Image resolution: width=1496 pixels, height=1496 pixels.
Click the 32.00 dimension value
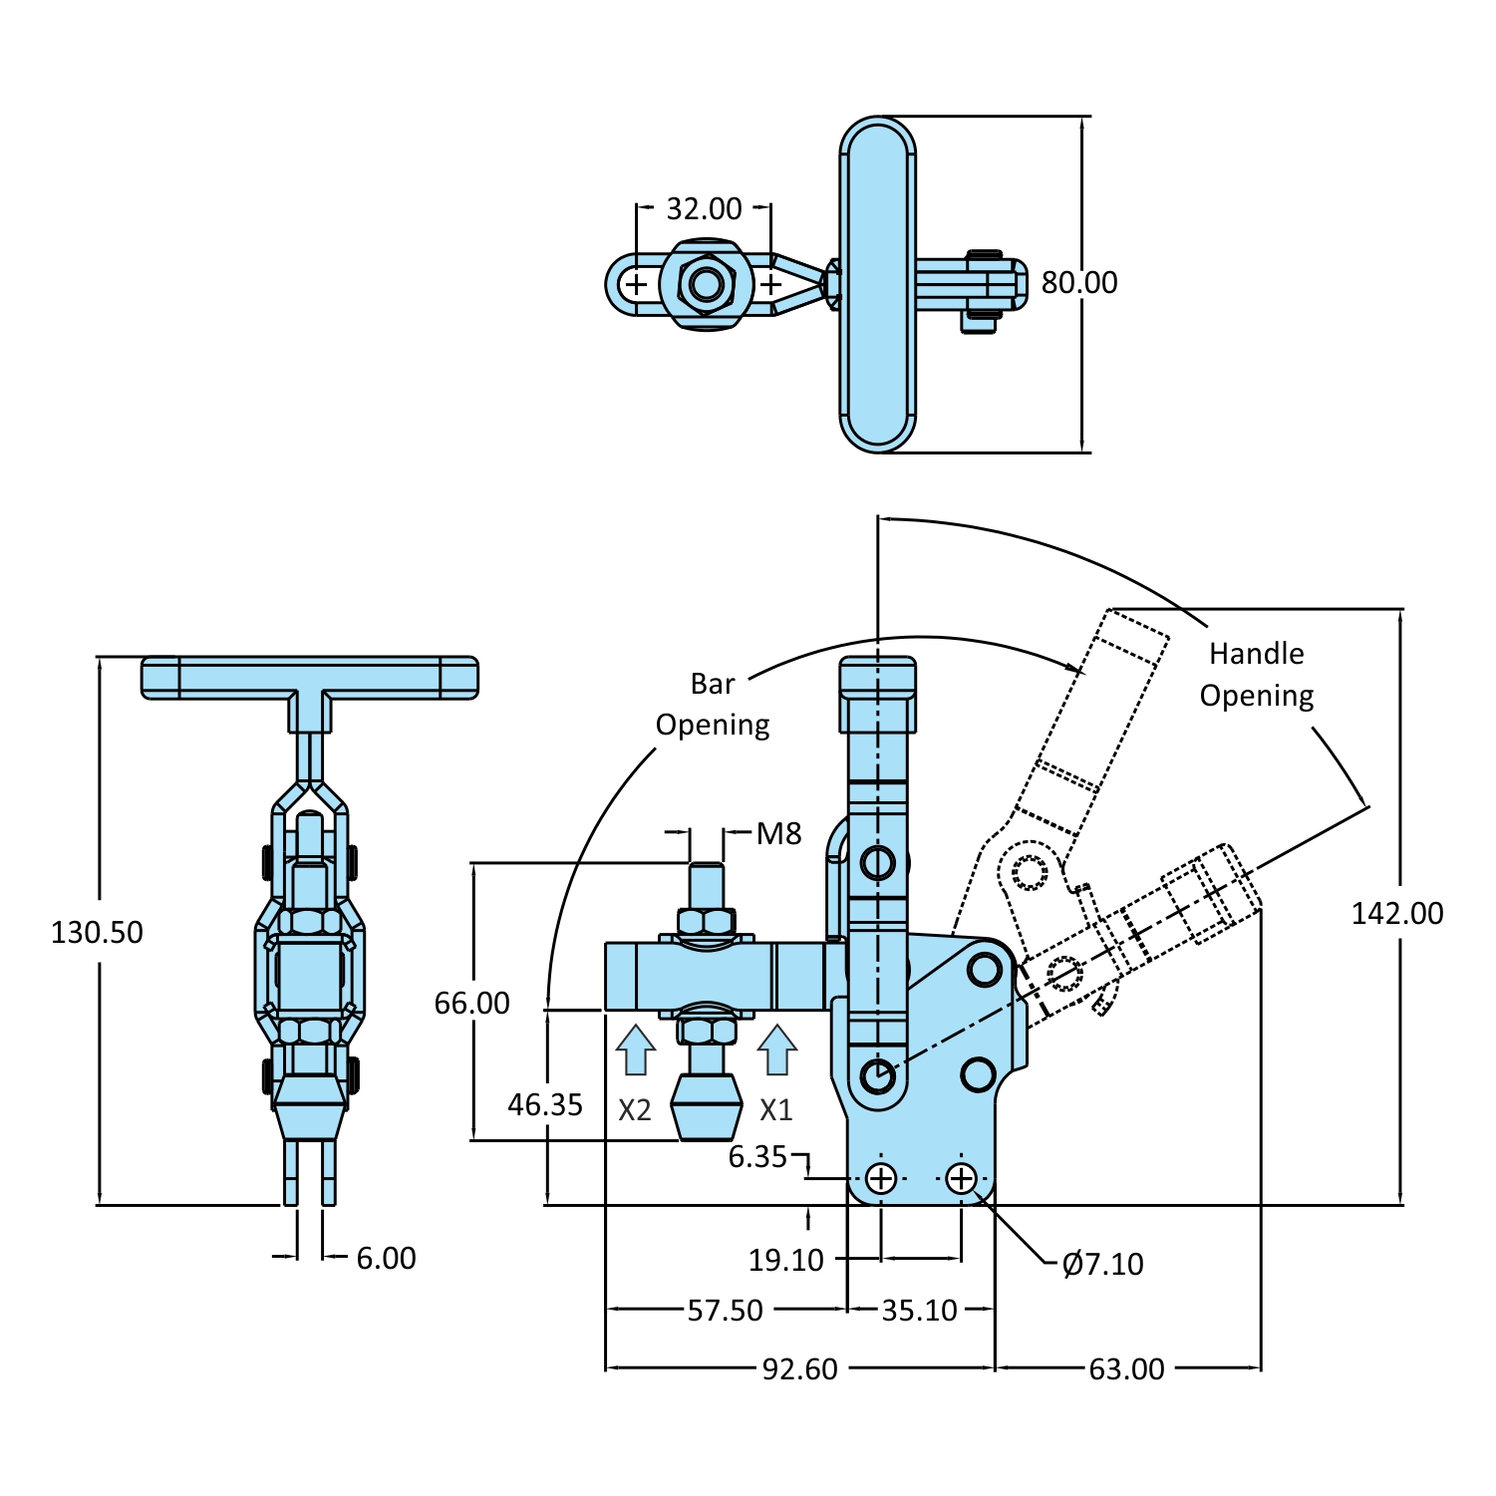coord(704,209)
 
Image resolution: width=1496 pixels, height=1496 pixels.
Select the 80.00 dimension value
coord(1078,283)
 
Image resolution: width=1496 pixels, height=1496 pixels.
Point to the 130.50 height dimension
coord(97,933)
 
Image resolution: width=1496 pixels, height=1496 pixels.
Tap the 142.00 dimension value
coord(1396,914)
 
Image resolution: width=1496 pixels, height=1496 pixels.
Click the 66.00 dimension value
coord(471,1004)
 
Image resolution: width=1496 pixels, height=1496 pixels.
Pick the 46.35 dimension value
coord(545,1105)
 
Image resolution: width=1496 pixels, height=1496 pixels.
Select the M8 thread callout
coord(778,834)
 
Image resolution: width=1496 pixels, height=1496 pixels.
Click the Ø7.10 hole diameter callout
coord(1102,1265)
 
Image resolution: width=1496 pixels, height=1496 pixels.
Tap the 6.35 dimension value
coord(757,1157)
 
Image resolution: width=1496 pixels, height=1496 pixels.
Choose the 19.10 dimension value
coord(786,1261)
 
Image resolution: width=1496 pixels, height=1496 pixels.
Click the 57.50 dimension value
coord(725,1311)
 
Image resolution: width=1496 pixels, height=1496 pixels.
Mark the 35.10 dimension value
coord(919,1311)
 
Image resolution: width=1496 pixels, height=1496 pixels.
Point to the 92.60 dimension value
coord(799,1369)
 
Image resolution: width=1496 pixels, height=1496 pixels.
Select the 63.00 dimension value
coord(1126,1369)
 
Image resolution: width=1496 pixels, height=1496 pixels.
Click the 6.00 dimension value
coord(386,1259)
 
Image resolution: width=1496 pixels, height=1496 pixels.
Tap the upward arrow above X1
coord(776,1050)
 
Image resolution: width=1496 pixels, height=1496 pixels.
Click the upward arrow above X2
coord(635,1050)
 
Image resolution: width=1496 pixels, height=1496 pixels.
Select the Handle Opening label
coord(1256,675)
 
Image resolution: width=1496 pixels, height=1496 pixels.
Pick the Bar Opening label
coord(713,705)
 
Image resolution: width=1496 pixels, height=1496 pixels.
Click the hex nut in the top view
coord(707,285)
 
